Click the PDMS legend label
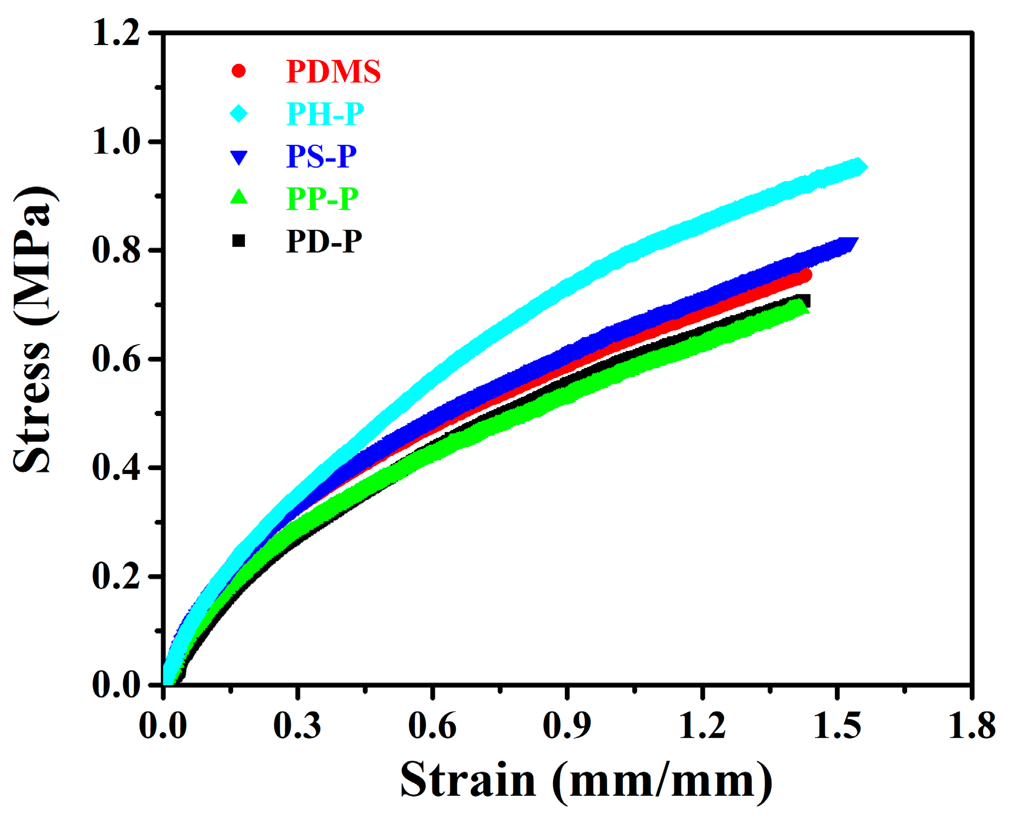pyautogui.click(x=333, y=71)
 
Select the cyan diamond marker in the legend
pyautogui.click(x=239, y=113)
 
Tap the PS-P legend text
pyautogui.click(x=321, y=156)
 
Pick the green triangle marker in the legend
pyautogui.click(x=239, y=197)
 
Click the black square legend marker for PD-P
pyautogui.click(x=238, y=240)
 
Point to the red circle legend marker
pyautogui.click(x=238, y=71)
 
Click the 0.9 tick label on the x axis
pyautogui.click(x=567, y=726)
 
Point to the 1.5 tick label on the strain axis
pyautogui.click(x=837, y=726)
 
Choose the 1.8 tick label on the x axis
pyautogui.click(x=971, y=726)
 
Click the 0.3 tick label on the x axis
pyautogui.click(x=297, y=726)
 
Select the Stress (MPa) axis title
pyautogui.click(x=33, y=329)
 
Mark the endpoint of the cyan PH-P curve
pyautogui.click(x=859, y=166)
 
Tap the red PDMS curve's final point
pyautogui.click(x=805, y=275)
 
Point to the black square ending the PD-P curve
pyautogui.click(x=805, y=301)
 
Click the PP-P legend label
pyautogui.click(x=322, y=199)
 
